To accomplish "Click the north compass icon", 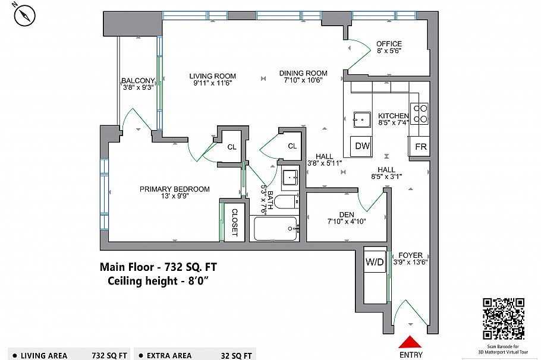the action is tap(25, 15).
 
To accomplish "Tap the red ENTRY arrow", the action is tap(410, 342).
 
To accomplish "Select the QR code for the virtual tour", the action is tap(504, 319).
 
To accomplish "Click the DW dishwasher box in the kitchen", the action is tap(361, 146).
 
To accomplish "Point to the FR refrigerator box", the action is tap(419, 147).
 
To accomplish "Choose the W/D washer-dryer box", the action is tap(375, 262).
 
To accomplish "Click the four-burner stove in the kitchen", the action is tap(420, 113).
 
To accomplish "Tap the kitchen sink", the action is tap(362, 119).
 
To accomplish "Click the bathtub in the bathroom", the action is tap(275, 228).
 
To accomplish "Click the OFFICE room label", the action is tap(389, 44).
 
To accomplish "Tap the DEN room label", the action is tap(347, 214).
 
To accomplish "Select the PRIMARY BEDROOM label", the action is tap(175, 189).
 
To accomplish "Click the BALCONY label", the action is tap(138, 81).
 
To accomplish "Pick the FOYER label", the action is tap(410, 255).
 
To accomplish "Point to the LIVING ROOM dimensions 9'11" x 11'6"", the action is tap(213, 83).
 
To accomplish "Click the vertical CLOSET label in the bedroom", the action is tap(235, 222).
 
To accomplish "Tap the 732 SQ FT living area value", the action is tap(109, 355).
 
